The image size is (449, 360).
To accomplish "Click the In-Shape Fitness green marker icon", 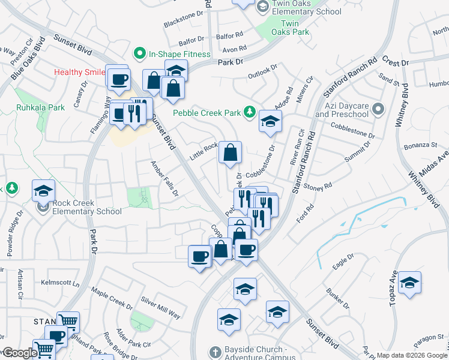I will [140, 54].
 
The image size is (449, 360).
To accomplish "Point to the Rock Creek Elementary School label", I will [87, 207].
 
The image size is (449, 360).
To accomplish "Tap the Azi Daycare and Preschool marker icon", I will [378, 109].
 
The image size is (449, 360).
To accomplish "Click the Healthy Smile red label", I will [78, 72].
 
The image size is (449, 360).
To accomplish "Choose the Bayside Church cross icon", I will [215, 350].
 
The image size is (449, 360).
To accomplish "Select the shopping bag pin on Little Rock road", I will [231, 154].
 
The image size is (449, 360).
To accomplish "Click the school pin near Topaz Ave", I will [409, 283].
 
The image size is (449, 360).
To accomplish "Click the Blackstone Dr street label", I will [184, 20].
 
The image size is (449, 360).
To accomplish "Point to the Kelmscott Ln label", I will [60, 282].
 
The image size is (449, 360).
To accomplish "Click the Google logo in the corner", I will [19, 353].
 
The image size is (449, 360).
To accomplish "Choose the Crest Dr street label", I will [394, 62].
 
